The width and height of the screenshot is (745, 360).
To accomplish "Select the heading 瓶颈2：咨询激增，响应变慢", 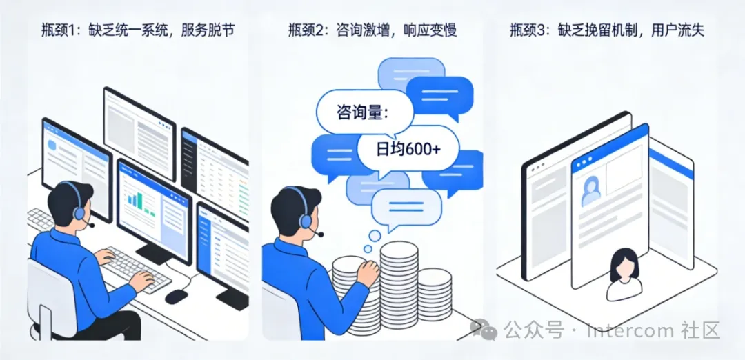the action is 372,30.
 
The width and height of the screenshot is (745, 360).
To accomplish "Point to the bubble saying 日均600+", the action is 408,149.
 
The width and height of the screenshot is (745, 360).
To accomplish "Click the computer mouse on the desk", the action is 177,297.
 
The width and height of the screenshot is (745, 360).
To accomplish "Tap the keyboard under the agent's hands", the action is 135,269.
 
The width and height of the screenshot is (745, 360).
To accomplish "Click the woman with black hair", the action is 624,274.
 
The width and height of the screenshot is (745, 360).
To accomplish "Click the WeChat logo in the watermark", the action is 484,329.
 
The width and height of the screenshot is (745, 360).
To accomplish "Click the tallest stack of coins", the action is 399,288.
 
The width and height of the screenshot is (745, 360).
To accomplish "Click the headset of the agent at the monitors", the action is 77,205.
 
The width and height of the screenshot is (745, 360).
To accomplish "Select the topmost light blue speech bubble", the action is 411,74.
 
